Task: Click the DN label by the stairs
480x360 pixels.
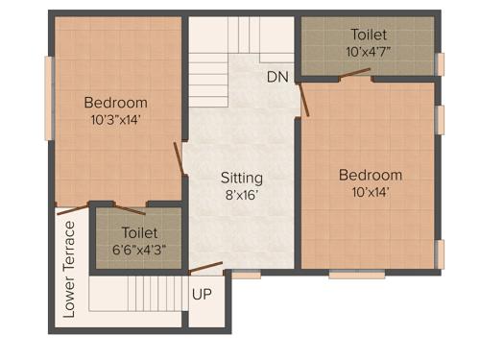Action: tap(278, 77)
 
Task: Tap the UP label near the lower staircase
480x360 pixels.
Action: tap(204, 295)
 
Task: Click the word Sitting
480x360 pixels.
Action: tap(241, 178)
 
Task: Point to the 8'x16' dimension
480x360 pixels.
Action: tap(241, 195)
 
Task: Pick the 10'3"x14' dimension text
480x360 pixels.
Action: tap(115, 121)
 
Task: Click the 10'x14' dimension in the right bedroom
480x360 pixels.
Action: tap(370, 192)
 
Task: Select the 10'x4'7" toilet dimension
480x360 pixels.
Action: tap(370, 51)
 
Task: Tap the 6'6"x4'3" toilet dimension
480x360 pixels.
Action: tap(139, 250)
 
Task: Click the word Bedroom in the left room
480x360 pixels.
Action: tap(115, 103)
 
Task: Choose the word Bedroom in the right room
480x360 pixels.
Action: tap(370, 175)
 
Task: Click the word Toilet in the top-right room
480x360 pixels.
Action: tap(370, 33)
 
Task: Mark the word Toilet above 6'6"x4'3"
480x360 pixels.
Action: tap(139, 232)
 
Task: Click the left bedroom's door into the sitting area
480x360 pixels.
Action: tap(179, 158)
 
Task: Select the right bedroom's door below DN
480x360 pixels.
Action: tap(303, 99)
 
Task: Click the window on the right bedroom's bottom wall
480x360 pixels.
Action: tap(356, 275)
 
